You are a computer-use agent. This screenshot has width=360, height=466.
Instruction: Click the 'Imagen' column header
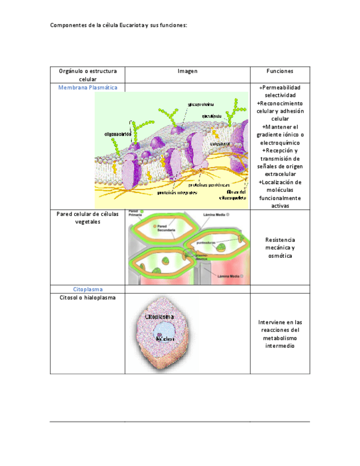[187, 71]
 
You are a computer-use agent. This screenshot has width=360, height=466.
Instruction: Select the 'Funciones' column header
[280, 71]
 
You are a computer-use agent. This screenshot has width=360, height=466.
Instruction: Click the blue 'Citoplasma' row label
[87, 289]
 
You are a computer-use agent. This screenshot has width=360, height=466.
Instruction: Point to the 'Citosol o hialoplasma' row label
[87, 298]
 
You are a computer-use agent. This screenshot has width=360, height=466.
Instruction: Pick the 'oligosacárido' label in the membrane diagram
[118, 133]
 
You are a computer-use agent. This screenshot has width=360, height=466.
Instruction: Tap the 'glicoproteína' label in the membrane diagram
[201, 104]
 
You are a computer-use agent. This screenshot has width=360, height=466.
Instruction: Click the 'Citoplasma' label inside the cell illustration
[159, 317]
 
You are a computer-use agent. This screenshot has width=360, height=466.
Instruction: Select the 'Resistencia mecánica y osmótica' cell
[280, 248]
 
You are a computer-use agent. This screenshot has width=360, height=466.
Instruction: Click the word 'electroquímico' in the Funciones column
[280, 143]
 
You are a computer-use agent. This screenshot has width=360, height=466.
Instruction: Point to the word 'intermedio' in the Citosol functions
[280, 346]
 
